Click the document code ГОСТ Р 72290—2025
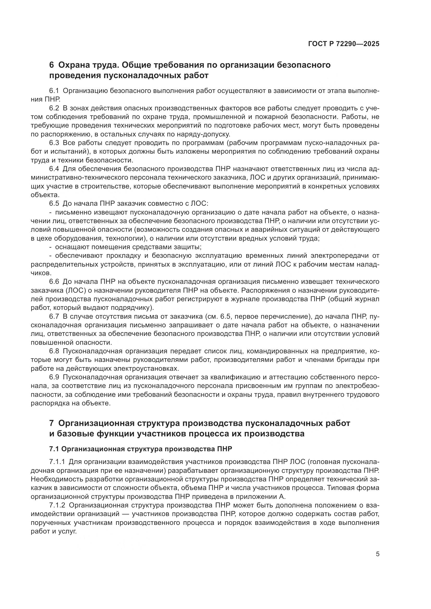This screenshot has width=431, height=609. click(x=344, y=44)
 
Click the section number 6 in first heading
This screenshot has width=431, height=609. click(x=52, y=65)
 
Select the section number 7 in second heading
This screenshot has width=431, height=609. click(x=52, y=423)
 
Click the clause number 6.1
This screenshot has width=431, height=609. click(x=54, y=91)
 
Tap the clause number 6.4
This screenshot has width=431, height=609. click(x=54, y=169)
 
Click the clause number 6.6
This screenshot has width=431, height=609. click(x=54, y=282)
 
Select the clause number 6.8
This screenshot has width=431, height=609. click(x=54, y=351)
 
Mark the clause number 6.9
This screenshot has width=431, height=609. click(x=54, y=378)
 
